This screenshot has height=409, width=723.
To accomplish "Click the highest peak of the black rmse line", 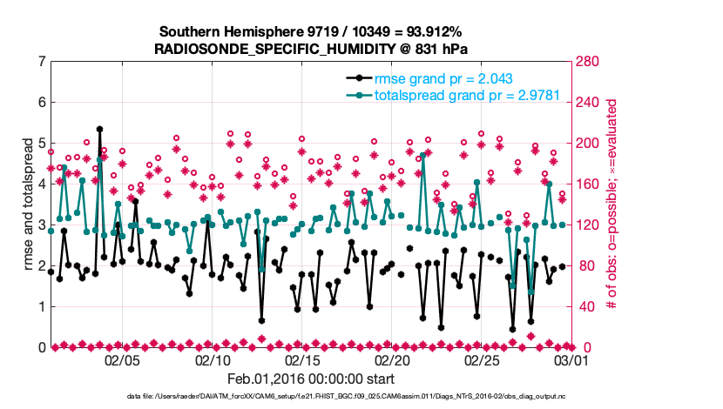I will [x=99, y=129].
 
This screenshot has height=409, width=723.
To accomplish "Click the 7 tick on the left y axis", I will [x=41, y=62].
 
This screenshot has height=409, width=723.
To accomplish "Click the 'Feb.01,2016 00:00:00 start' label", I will [x=311, y=379].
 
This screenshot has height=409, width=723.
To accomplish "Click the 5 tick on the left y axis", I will [x=41, y=144].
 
